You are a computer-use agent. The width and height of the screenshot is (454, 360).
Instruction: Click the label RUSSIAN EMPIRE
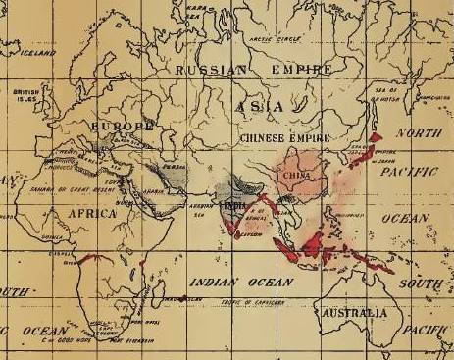pos(252,71)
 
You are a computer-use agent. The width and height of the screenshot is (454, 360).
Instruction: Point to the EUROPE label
pos(123,127)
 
